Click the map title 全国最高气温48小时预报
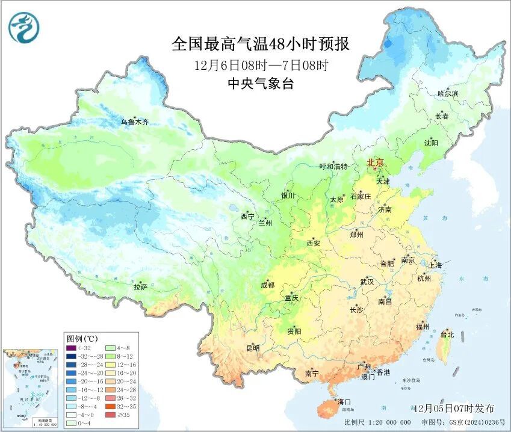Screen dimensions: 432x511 click(260, 43)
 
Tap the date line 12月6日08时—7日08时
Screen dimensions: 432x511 click(260, 64)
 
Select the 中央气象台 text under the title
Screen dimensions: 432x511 click(260, 84)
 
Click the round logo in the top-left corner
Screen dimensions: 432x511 click(23, 28)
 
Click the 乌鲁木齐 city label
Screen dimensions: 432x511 click(134, 122)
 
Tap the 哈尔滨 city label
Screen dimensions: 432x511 click(447, 94)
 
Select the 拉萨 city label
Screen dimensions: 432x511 click(140, 288)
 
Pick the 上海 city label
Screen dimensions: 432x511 click(435, 265)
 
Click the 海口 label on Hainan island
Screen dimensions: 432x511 click(344, 401)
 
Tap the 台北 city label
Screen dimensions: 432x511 click(447, 334)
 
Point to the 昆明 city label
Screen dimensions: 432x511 click(253, 348)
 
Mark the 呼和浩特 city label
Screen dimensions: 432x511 click(333, 166)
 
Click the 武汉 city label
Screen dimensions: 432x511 click(367, 282)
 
